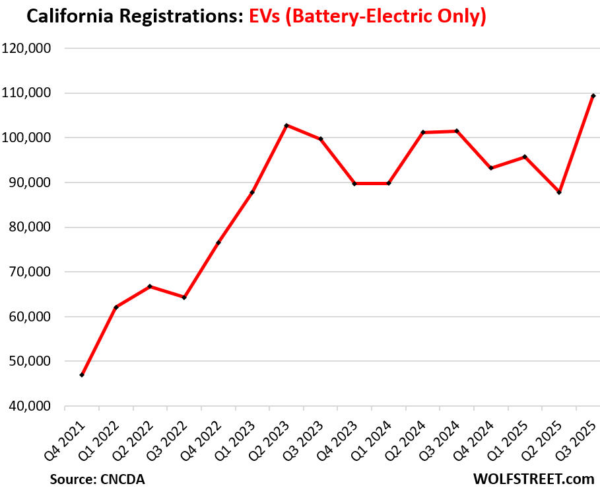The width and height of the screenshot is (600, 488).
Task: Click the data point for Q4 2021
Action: coord(82,375)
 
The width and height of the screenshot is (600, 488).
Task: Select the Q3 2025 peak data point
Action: coord(593,96)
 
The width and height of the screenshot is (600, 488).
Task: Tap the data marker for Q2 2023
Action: coord(286,125)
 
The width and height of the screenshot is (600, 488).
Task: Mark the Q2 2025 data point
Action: coord(559,192)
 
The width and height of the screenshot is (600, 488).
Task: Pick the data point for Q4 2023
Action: coord(354,183)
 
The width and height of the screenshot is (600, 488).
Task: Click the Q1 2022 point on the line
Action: coord(116,307)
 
